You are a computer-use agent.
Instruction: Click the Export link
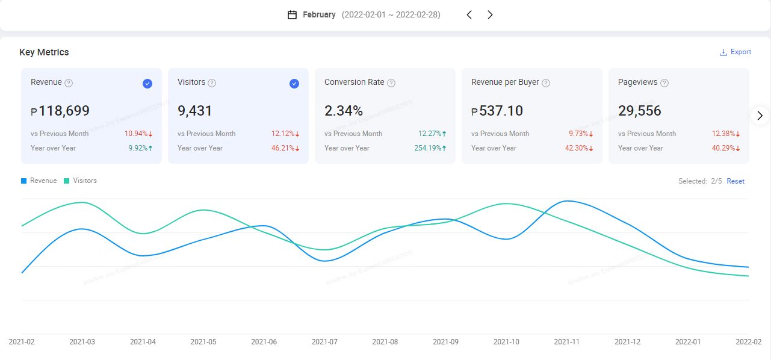735,52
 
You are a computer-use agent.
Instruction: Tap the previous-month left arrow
469,15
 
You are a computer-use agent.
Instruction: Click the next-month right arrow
490,15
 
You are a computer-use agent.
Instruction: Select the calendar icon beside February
293,15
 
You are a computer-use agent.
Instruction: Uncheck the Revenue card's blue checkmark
147,84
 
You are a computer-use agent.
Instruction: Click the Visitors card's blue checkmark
294,84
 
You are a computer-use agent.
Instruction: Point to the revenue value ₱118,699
60,111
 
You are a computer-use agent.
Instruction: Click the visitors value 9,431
195,111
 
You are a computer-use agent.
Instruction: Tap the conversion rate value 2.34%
344,111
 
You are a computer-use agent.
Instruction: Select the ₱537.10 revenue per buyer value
497,111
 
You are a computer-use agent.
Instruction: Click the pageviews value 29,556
640,111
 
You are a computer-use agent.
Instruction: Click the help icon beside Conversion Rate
391,83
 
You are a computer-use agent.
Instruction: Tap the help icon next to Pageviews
664,83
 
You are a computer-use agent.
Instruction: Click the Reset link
735,181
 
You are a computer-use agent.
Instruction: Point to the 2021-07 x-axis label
324,342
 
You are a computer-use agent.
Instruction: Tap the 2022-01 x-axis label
688,342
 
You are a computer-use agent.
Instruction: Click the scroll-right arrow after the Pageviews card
760,116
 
